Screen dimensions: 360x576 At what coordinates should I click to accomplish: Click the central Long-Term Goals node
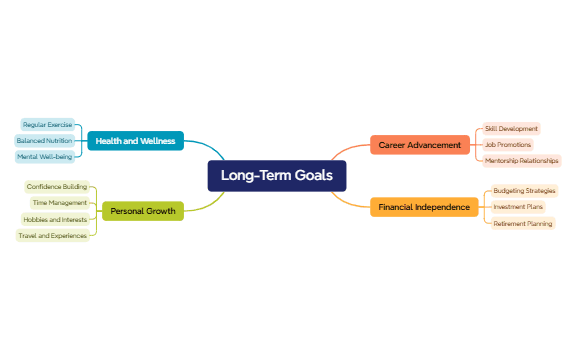(x=277, y=176)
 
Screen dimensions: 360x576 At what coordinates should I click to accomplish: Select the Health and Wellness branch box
(x=135, y=141)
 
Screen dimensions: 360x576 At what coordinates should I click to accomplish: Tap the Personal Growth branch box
(x=142, y=211)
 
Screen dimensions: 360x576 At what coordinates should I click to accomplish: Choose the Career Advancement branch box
(x=420, y=145)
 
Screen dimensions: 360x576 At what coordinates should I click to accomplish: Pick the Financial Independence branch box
(x=424, y=207)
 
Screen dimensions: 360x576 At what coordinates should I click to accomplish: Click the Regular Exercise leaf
(x=47, y=125)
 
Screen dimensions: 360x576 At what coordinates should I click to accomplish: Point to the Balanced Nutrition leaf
(x=44, y=141)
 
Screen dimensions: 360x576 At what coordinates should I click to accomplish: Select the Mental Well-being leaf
(x=44, y=157)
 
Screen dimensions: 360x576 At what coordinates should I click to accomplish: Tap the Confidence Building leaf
(x=57, y=186)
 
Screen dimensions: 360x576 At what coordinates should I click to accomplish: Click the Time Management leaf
(x=60, y=202)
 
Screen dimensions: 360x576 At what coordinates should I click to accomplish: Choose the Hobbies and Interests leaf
(x=54, y=219)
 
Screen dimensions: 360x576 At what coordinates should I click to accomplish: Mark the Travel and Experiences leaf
(x=52, y=236)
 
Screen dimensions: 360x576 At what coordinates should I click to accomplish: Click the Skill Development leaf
(x=511, y=129)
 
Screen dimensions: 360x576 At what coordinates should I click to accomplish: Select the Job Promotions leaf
(x=508, y=145)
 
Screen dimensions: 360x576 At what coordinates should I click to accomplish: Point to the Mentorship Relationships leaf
(x=521, y=161)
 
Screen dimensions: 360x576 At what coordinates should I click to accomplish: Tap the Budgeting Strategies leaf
(x=524, y=190)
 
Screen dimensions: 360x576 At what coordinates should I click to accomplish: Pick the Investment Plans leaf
(x=518, y=207)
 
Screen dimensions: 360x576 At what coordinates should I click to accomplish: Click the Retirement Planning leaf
(x=522, y=224)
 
